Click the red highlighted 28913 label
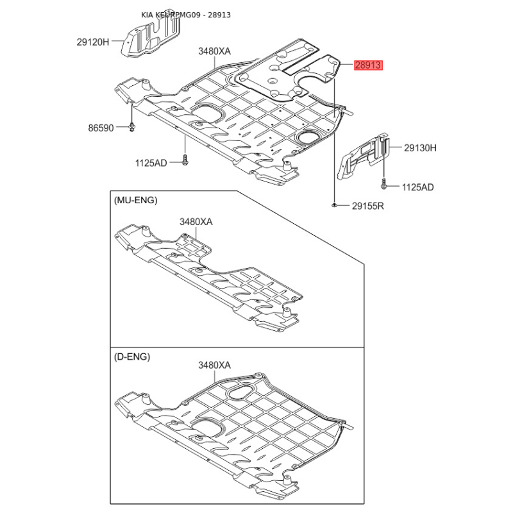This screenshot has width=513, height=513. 368,65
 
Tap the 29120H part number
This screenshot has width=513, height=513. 94,42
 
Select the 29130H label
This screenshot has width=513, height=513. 420,147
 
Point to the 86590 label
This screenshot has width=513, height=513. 101,128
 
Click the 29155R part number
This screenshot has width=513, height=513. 367,206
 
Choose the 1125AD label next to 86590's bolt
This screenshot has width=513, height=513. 151,164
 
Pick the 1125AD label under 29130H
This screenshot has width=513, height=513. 418,187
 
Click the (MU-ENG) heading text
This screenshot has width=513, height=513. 135,200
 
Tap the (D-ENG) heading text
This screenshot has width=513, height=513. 133,357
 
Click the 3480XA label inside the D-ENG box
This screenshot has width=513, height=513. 214,365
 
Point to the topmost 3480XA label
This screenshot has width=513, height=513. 214,51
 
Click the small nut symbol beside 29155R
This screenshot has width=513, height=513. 335,205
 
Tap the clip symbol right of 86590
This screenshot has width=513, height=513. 131,128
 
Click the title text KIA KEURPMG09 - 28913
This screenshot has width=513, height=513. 186,14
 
